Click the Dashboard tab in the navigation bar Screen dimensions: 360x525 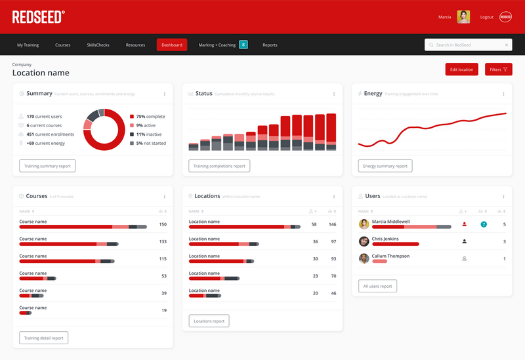pyautogui.click(x=172, y=45)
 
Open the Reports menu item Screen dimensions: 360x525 pyautogui.click(x=270, y=45)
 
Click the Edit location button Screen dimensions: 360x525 pyautogui.click(x=461, y=69)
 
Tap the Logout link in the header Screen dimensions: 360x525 pyautogui.click(x=486, y=17)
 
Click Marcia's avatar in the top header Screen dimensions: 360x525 pyautogui.click(x=463, y=17)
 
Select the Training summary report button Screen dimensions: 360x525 pyautogui.click(x=47, y=166)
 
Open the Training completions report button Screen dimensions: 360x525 pyautogui.click(x=219, y=166)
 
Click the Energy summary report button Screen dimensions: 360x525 pyautogui.click(x=385, y=166)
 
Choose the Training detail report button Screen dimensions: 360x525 pyautogui.click(x=44, y=338)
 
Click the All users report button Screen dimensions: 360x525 pyautogui.click(x=377, y=286)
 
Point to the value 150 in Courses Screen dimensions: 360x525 pyautogui.click(x=163, y=224)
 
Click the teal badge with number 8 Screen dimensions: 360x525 pyautogui.click(x=243, y=45)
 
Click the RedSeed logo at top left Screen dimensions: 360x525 pyautogui.click(x=39, y=16)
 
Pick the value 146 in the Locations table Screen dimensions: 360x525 pyautogui.click(x=332, y=224)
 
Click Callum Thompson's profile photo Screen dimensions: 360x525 pyautogui.click(x=364, y=258)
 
